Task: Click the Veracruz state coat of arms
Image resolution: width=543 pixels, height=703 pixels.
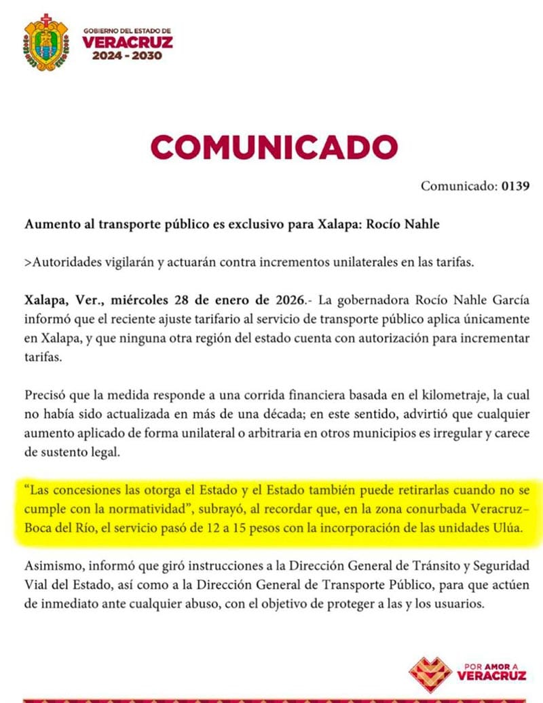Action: pos(45,42)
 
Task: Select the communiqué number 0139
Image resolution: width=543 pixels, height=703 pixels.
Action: pos(515,186)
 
